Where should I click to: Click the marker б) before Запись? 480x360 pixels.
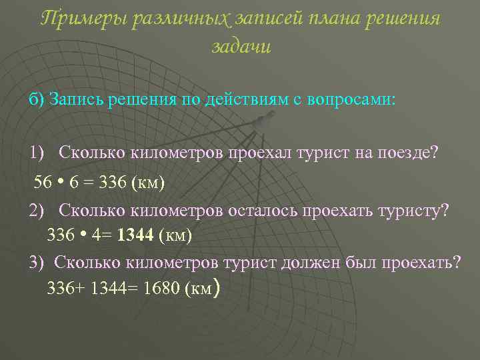[x=36, y=100]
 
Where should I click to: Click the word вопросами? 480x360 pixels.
[x=357, y=100]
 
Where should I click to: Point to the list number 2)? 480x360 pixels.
[x=37, y=211]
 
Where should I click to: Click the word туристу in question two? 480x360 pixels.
[x=414, y=211]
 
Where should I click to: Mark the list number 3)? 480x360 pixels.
[x=37, y=262]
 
